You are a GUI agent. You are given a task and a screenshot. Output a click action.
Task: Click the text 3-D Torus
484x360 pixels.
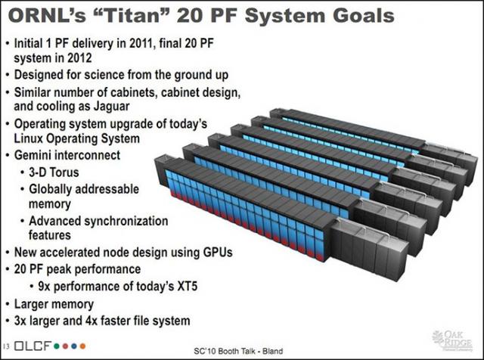pos(54,172)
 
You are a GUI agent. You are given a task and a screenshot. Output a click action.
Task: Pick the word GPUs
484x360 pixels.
pos(218,253)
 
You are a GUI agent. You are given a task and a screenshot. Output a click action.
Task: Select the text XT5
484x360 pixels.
pos(187,286)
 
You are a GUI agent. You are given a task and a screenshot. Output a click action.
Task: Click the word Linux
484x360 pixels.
pos(29,138)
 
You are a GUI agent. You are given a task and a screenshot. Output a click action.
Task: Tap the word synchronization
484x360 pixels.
pos(126,221)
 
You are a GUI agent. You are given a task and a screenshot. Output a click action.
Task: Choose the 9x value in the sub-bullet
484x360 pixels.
pos(44,286)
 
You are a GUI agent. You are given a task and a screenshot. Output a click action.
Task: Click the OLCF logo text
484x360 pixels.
pos(32,346)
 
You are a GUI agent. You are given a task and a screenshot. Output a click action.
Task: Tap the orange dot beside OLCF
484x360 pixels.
pos(82,346)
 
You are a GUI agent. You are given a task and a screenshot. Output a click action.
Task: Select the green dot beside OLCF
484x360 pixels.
pos(56,346)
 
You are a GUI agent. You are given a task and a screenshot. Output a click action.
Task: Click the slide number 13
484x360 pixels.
pos(7,346)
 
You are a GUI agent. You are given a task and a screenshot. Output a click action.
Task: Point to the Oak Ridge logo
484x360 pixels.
pos(452,340)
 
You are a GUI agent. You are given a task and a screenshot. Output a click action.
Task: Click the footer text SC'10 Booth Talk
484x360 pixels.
pos(225,351)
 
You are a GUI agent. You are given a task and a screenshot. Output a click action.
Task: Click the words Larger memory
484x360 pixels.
pos(54,304)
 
